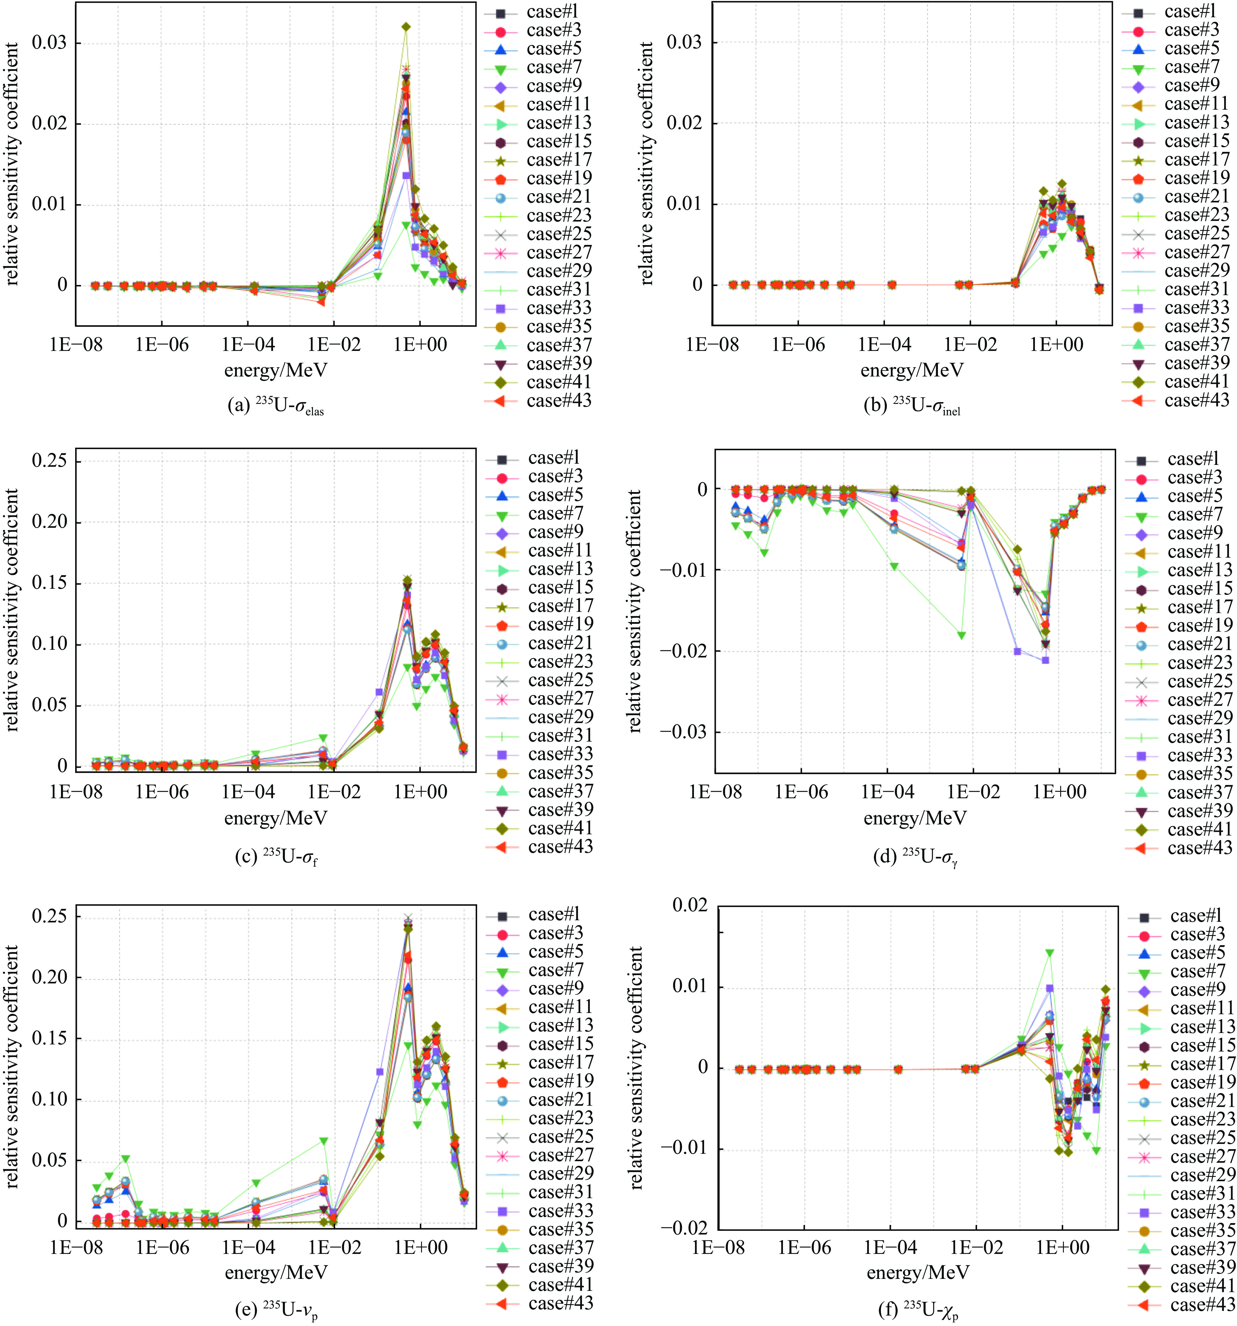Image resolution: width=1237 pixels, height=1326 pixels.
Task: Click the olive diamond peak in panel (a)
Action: (405, 27)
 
